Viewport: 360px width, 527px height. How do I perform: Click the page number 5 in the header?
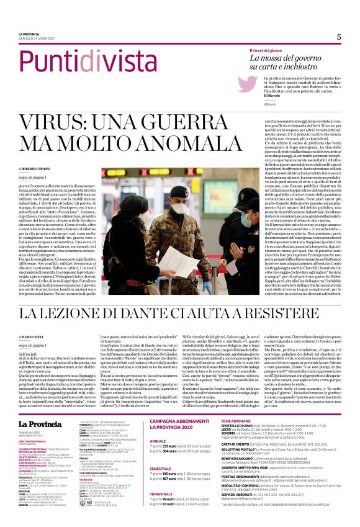[339, 37]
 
